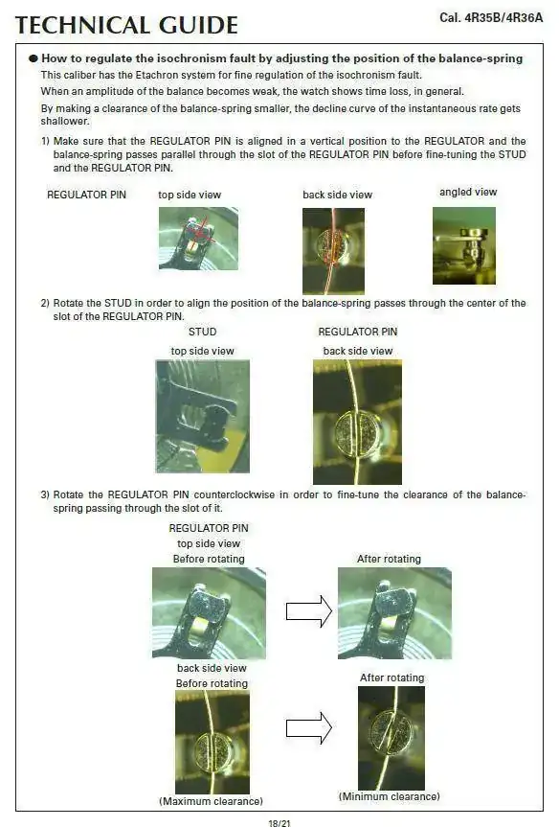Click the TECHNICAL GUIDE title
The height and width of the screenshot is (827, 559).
coord(126,25)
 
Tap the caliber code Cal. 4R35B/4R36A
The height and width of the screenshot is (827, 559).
coord(491,18)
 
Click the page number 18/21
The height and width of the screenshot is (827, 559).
coord(279,823)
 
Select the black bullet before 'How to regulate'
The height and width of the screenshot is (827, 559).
coord(34,58)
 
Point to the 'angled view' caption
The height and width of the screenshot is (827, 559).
coord(468,192)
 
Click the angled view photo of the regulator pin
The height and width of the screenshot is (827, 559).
coord(464,245)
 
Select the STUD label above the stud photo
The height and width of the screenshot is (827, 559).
coord(202,332)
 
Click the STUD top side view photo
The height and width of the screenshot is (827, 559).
coord(202,416)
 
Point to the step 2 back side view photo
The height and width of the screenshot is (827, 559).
coord(357,422)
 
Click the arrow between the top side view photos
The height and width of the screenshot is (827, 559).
coord(309,611)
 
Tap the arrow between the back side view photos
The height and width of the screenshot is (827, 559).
coord(309,728)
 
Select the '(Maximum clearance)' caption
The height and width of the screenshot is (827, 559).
coord(211,801)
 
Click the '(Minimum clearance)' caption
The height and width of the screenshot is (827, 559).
coord(389,796)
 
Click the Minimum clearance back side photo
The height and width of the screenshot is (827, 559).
coord(391,738)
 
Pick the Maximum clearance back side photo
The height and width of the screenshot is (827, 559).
coord(212,742)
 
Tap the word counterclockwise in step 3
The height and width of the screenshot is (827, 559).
coord(235,494)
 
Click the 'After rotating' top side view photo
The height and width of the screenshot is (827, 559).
coord(394,613)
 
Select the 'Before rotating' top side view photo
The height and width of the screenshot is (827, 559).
coord(209,613)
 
